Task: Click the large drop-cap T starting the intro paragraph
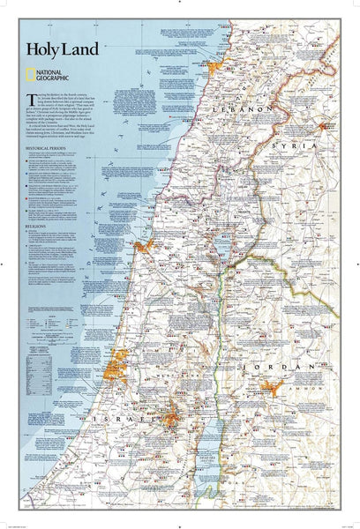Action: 55,95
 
